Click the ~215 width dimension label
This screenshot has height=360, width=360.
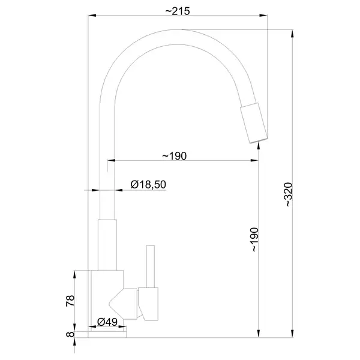coord(178,11)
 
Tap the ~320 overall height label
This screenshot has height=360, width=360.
coord(289,194)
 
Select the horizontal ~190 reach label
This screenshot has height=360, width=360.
coord(175,156)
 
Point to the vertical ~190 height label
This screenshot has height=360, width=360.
coord(255,239)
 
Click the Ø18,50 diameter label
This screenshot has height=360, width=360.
coord(148,184)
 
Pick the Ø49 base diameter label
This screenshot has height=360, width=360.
coord(107,322)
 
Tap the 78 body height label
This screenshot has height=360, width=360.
coord(70,301)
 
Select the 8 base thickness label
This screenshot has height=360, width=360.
coord(70,334)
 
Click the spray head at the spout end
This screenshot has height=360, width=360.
coord(254,123)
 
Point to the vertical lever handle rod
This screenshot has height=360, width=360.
coord(151,266)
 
